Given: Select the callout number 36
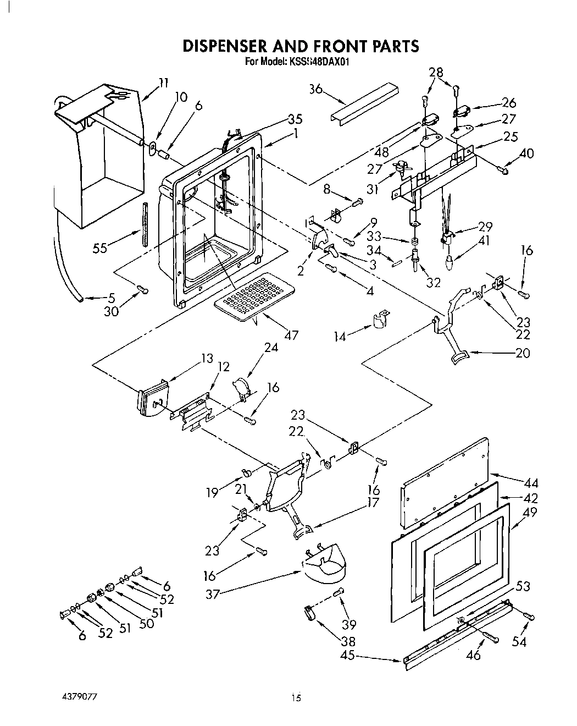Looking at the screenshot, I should point(316,89).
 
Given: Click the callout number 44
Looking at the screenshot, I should point(531,483).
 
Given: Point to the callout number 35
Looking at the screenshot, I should point(295,119).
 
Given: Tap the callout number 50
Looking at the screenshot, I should point(147,624).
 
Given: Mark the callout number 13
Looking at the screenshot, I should point(207,359).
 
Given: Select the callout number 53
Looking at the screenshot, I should point(523,586).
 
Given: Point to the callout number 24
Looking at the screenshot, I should point(271,348).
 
